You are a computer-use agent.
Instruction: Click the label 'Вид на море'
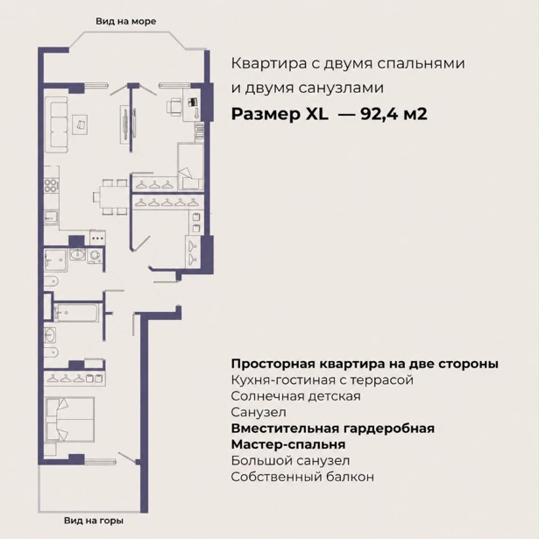pos(126,22)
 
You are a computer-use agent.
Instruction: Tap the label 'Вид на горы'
pos(94,521)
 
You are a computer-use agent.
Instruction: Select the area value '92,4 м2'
pos(394,114)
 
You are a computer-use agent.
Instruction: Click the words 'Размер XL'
pos(280,114)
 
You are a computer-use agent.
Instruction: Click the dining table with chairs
pos(110,197)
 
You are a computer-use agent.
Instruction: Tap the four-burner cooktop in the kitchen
pos(51,185)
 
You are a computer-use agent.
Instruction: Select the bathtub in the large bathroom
pos(76,312)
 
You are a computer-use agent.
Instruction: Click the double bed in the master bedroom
pos(70,420)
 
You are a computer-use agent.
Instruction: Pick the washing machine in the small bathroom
pos(94,256)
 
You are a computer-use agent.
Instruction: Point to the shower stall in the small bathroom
pos(55,260)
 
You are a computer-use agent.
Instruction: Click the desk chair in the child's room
pos(174,105)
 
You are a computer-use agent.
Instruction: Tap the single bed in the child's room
pos(190,167)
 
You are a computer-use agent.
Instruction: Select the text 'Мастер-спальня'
pos(288,444)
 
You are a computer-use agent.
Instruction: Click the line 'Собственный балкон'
pos(302,477)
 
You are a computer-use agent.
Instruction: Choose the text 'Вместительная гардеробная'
pos(333,429)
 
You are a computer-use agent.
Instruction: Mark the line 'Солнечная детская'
pos(295,396)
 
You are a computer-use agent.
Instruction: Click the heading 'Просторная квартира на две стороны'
pos(365,364)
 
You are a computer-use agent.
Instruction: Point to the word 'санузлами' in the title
pos(341,88)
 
